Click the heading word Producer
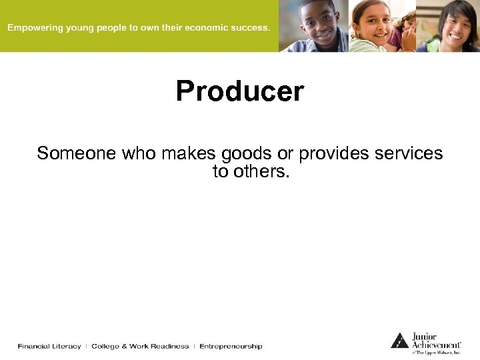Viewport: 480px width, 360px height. coord(240,91)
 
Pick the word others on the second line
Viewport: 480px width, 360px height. coord(258,171)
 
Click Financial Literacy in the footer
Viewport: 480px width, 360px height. coord(49,346)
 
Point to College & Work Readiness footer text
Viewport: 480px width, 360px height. coord(140,346)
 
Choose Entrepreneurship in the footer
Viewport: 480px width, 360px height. coord(231,346)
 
